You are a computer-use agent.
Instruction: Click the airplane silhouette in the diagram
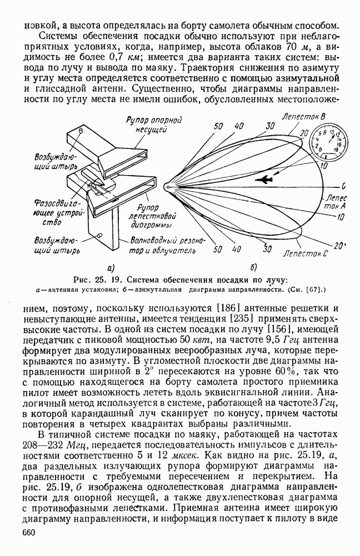[x=265, y=180]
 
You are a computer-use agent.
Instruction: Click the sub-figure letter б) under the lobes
[x=254, y=267]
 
